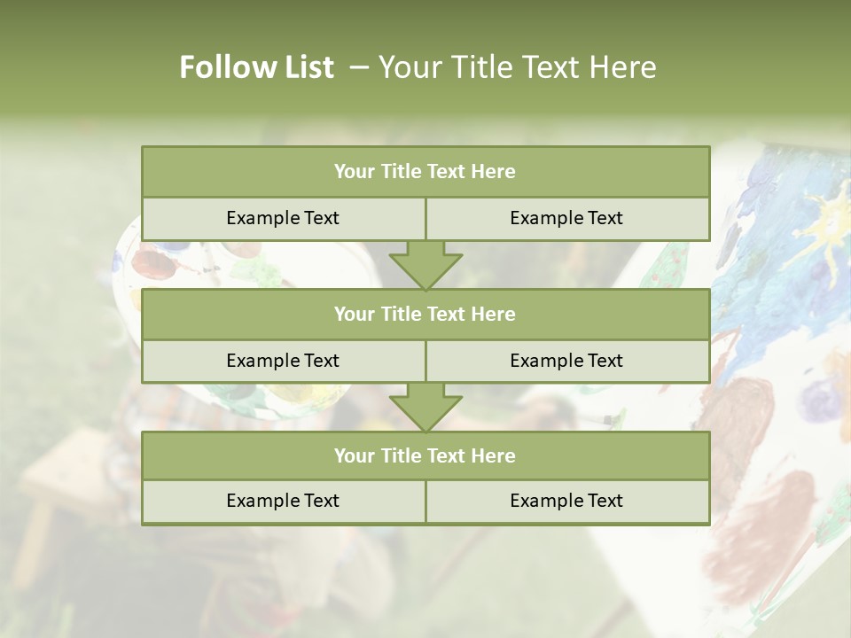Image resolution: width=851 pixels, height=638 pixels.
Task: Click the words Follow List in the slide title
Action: click(256, 67)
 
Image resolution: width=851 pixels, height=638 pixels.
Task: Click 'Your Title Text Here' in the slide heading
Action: click(517, 67)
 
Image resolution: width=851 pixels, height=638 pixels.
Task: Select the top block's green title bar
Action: click(425, 172)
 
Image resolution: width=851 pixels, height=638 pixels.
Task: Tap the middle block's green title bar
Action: click(425, 314)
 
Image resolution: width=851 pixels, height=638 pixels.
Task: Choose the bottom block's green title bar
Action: click(425, 455)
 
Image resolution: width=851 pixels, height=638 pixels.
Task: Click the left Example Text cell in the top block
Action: click(283, 218)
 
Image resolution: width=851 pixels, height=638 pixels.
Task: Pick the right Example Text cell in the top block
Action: click(566, 218)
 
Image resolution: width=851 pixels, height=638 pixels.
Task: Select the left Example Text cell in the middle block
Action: click(283, 361)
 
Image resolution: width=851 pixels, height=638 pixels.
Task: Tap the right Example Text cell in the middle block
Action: click(566, 361)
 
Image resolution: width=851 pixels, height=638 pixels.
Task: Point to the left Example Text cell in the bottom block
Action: click(283, 501)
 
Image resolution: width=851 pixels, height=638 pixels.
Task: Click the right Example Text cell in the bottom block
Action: click(566, 501)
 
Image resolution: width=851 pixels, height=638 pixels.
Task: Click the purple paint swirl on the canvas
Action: click(820, 399)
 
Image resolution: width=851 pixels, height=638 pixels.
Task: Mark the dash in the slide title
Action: click(359, 67)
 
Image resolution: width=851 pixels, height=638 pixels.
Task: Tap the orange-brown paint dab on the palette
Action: click(152, 263)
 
